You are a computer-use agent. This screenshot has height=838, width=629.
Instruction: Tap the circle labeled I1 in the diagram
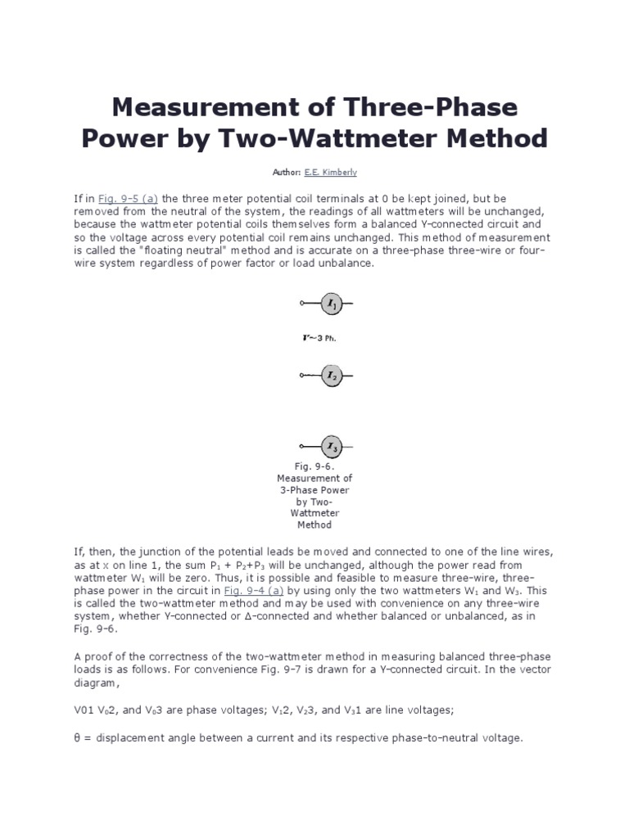click(331, 304)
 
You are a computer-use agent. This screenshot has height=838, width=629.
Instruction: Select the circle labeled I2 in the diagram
click(331, 376)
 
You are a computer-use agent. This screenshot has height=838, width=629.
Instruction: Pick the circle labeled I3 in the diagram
click(331, 447)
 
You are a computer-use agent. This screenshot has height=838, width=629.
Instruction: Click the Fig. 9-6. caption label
click(314, 466)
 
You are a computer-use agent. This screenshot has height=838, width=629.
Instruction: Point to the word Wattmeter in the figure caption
click(314, 513)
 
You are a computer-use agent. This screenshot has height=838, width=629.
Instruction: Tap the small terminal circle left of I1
click(302, 304)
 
